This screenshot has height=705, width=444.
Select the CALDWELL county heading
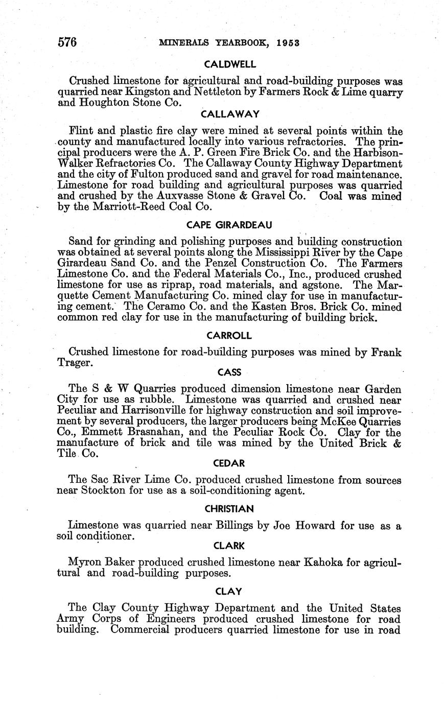(229, 64)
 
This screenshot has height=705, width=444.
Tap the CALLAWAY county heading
(230, 113)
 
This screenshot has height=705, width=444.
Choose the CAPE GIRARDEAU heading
(229, 225)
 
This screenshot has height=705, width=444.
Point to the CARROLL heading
(229, 336)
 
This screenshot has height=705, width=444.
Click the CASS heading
(229, 372)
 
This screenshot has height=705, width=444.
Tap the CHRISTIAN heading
(229, 509)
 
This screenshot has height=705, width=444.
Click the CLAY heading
(228, 592)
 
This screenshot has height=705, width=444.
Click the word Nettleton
(211, 92)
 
